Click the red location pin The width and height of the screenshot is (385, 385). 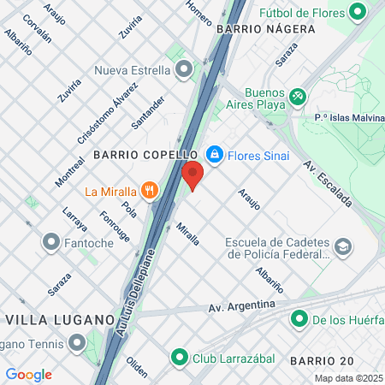tap(192, 174)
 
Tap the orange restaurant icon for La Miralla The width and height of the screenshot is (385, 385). tap(150, 190)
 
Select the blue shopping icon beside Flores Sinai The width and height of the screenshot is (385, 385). tap(215, 155)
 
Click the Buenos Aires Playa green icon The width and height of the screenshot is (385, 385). tap(297, 96)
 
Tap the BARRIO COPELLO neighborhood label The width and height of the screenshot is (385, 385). tap(145, 155)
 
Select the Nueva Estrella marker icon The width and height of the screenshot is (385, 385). tap(182, 70)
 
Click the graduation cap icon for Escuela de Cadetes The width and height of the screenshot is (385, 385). tap(343, 247)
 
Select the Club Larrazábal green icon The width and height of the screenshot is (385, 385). tap(179, 357)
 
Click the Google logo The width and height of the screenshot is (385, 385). tap(28, 375)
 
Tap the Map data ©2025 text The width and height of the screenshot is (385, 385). tap(348, 378)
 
